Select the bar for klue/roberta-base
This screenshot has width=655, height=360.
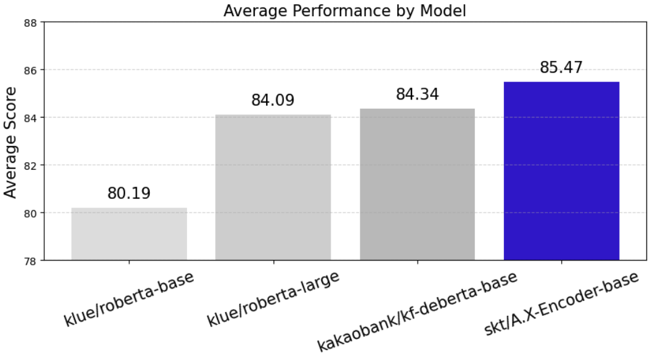[x=129, y=234]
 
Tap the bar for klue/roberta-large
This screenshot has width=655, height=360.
[x=273, y=187]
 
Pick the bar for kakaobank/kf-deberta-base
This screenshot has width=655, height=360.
[x=417, y=184]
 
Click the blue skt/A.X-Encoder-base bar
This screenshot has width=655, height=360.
[x=561, y=171]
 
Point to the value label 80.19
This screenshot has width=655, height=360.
[x=129, y=193]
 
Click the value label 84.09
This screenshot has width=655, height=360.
[x=273, y=100]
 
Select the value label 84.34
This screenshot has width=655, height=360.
[x=417, y=95]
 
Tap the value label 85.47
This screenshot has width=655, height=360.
[x=561, y=67]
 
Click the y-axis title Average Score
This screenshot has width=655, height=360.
[x=11, y=142]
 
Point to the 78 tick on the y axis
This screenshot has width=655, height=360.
[x=31, y=261]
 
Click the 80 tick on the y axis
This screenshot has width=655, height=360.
[x=31, y=213]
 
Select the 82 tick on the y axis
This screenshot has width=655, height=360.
[x=31, y=165]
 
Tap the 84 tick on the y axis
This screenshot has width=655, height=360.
[x=31, y=118]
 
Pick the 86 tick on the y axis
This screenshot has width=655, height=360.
[x=31, y=70]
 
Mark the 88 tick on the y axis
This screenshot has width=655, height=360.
[x=31, y=22]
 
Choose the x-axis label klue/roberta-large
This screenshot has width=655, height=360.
[x=273, y=299]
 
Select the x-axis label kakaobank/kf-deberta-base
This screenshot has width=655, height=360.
[x=417, y=311]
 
